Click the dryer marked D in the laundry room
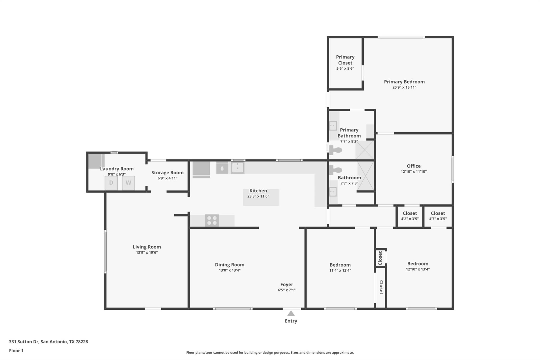(111, 183)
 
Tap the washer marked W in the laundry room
(128, 183)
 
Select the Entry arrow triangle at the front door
(291, 313)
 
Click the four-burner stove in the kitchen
(212, 220)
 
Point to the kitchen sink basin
(238, 168)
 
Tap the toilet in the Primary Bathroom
(335, 150)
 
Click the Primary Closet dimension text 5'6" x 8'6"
(345, 69)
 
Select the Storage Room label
(167, 173)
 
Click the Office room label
(414, 166)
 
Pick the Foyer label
(287, 285)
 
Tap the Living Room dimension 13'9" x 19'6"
(147, 252)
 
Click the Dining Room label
(230, 265)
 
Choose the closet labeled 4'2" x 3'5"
(410, 216)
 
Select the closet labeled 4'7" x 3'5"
(438, 216)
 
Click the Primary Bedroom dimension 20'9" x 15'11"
(404, 87)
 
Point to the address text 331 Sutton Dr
(24, 342)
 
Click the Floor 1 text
(16, 351)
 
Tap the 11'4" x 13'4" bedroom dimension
(340, 270)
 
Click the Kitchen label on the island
(258, 191)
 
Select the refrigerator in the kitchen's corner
(201, 170)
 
